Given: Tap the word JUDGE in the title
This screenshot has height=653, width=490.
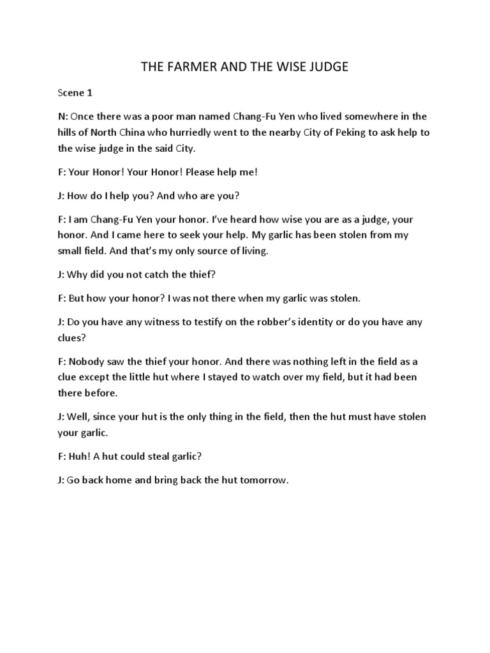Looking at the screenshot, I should coord(324,66).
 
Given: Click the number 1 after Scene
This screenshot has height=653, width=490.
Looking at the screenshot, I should coord(90,93).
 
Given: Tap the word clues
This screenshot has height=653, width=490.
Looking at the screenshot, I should coord(70,338).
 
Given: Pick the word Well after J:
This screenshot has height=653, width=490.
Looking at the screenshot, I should coord(79,417).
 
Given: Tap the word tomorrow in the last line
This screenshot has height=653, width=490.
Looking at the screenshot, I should coord(264,480).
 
